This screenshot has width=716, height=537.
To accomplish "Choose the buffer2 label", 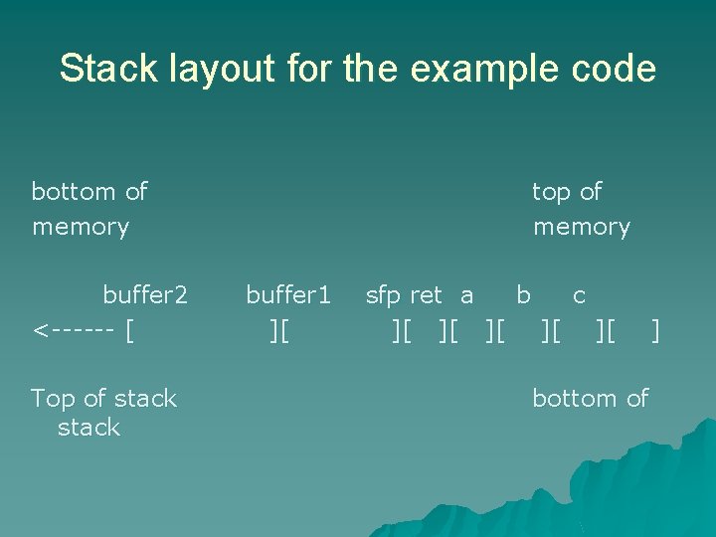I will pos(145,295).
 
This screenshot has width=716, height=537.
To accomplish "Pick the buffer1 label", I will pos(288,295).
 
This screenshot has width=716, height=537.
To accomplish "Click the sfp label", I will pos(383,295).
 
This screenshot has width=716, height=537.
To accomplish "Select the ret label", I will pos(426,295).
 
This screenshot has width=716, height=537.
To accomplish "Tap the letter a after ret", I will pos(466,295).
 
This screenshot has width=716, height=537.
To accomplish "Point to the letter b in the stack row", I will pos(523,294).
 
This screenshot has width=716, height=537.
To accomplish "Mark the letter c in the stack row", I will pos(579,295).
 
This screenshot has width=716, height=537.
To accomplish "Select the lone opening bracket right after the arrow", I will pos(131,329).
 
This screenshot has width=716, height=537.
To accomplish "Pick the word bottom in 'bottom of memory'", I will pos(76,191).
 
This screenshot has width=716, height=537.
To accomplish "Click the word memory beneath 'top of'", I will pos(582,227).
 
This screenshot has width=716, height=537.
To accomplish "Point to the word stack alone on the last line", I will pos(89,428).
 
